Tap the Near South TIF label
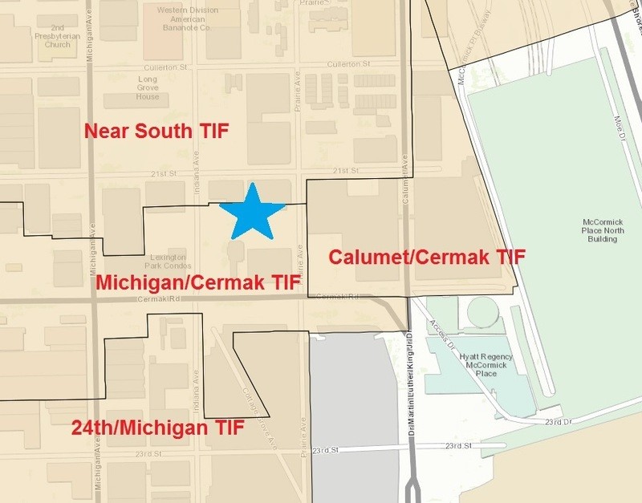coord(152,131)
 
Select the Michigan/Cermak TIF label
coord(197,283)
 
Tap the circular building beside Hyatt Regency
coord(482,311)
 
